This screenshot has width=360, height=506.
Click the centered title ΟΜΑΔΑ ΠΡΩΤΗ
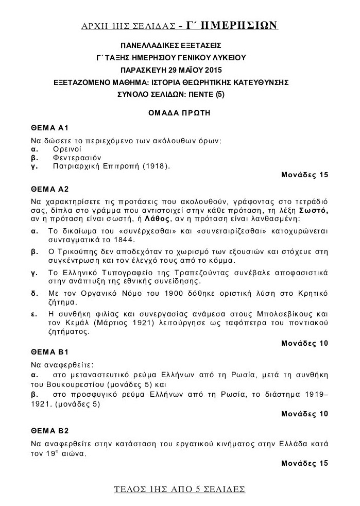click(180, 112)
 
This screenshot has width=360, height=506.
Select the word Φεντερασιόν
click(76, 157)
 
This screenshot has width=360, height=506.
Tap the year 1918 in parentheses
click(153, 166)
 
